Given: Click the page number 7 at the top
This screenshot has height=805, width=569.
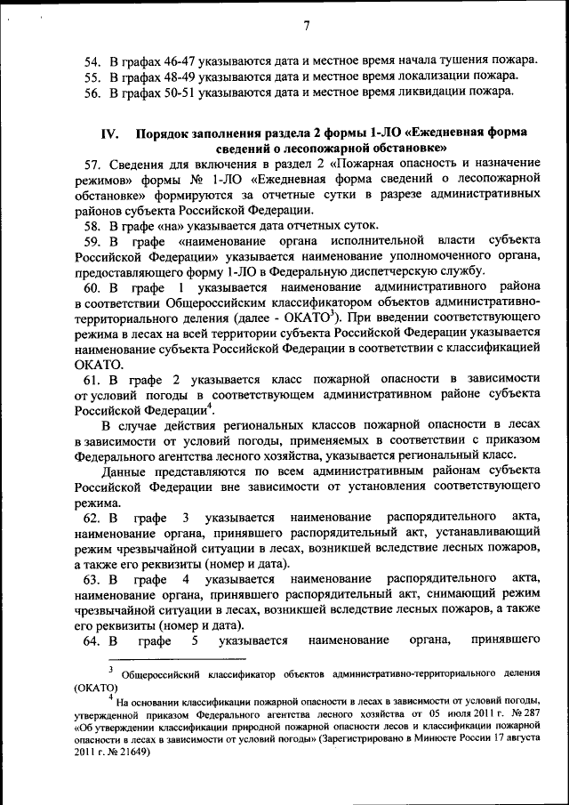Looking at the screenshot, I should pyautogui.click(x=305, y=25).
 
